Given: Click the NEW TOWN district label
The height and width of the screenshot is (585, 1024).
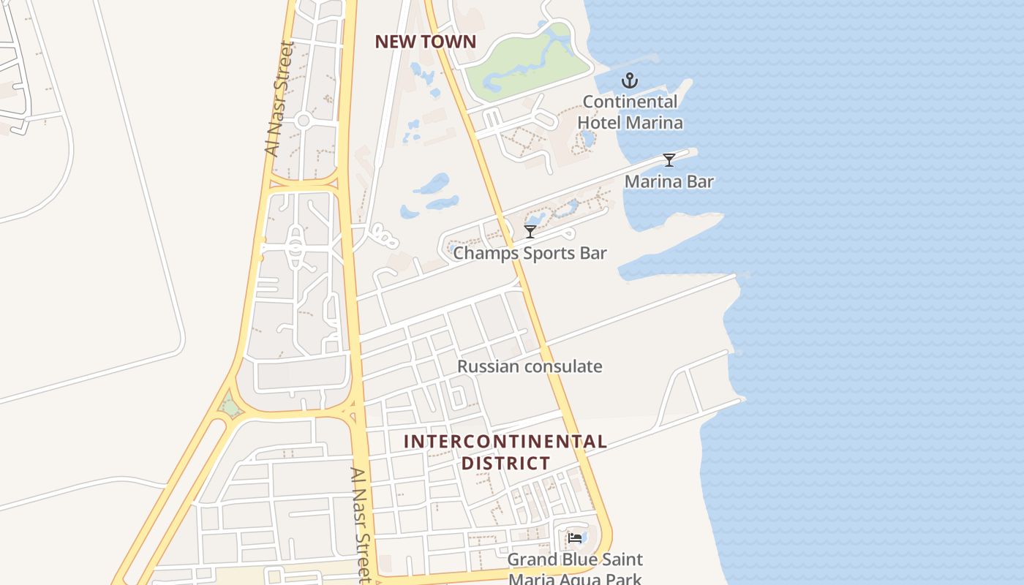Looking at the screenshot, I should tap(425, 42).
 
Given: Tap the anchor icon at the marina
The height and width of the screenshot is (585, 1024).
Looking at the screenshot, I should tap(630, 80).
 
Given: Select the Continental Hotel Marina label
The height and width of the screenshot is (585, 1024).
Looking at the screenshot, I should tap(630, 112).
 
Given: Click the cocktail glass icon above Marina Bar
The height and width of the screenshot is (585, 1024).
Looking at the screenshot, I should tap(669, 160).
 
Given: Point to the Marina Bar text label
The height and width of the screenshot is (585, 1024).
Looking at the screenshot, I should tap(669, 181).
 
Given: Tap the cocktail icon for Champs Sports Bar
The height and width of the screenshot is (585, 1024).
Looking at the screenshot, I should tap(530, 232).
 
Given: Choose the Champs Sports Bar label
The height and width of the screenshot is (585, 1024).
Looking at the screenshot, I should tap(530, 253).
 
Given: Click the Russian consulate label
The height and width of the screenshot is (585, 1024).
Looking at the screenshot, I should tap(530, 366).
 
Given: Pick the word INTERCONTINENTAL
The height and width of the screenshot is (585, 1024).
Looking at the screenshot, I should tap(505, 442).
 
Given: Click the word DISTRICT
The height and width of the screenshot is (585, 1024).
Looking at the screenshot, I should tap(505, 463).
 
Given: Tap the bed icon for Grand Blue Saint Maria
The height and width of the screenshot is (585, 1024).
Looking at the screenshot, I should tap(575, 538).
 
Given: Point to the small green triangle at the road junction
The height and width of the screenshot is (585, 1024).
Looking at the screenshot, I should tap(231, 405).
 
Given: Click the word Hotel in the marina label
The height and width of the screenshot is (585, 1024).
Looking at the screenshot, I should tap(602, 122).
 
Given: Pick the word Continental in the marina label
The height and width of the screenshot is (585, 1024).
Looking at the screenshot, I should tap(630, 102).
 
